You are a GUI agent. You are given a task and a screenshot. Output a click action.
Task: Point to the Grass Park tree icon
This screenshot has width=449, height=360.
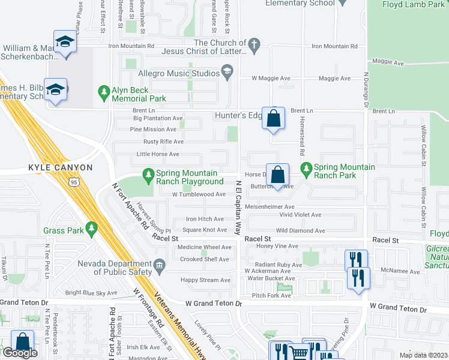coord(91,229)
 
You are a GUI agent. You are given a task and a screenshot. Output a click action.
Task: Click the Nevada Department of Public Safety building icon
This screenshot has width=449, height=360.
coord(159,265)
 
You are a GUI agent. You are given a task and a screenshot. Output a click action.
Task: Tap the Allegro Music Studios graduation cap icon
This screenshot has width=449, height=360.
coord(228,74)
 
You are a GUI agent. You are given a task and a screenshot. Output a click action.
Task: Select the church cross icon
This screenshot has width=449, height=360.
coord(254,43)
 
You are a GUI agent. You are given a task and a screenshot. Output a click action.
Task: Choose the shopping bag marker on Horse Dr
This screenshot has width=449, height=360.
coord(278,175)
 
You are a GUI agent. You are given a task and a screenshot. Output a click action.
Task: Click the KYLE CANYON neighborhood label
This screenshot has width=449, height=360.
coord(60,167)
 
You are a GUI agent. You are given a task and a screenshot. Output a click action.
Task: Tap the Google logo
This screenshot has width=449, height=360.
coord(19,353)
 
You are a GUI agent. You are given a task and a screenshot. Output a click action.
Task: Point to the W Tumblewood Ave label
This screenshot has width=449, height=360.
coord(198,194)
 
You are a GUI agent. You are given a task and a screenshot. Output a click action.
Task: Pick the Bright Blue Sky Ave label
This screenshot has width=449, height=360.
coord(91,293)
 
